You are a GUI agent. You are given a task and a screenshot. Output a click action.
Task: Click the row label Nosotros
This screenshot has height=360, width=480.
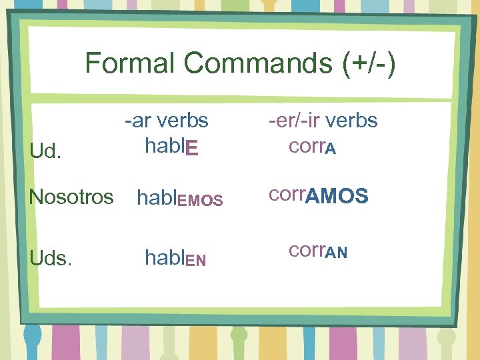point(71,197)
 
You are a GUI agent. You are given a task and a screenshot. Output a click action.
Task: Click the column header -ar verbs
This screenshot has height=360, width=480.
point(166,121)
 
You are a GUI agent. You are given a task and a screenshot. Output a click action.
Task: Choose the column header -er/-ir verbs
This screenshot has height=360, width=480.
point(323,121)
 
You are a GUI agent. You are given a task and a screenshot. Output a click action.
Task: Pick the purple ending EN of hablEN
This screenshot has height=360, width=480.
point(195,260)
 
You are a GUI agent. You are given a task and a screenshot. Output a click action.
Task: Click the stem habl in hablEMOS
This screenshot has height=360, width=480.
point(155,197)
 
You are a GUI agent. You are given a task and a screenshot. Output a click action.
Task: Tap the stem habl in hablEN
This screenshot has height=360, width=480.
point(165,258)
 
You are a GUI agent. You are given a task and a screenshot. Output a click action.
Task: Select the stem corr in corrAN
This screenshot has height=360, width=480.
point(305,251)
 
